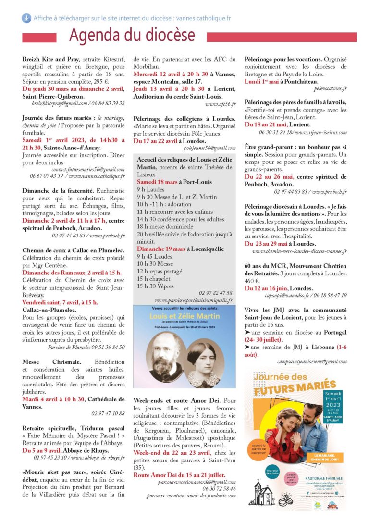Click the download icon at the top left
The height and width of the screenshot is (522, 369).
pos(25,18)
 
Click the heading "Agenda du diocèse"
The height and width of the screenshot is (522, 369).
pos(132,35)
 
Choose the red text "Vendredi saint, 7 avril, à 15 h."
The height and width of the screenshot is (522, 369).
pos(60,302)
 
